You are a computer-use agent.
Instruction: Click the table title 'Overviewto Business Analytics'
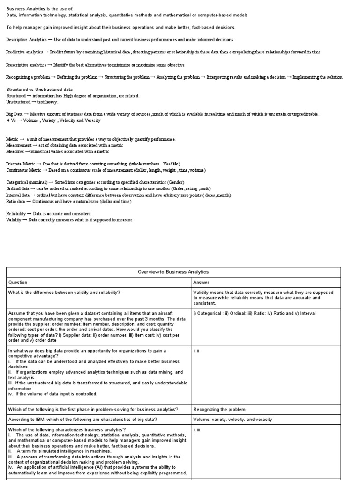pyautogui.click(x=173, y=272)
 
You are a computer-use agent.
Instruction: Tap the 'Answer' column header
pyautogui.click(x=202, y=282)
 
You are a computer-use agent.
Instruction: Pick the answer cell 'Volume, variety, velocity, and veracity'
pyautogui.click(x=232, y=419)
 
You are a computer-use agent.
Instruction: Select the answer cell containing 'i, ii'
pyautogui.click(x=197, y=350)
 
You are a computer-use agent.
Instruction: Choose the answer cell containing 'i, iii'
pyautogui.click(x=197, y=429)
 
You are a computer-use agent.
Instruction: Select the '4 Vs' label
pyautogui.click(x=12, y=120)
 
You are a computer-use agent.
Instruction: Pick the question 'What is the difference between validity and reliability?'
pyautogui.click(x=64, y=292)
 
